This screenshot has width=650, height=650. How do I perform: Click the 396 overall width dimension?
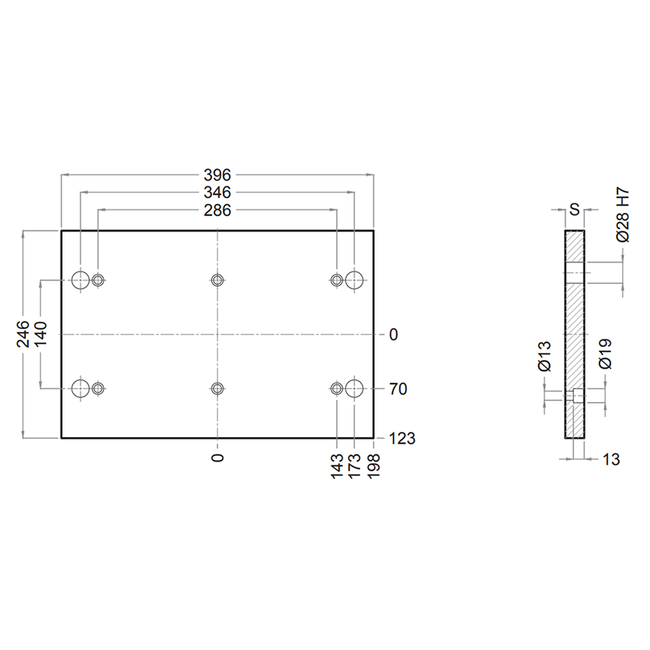[x=217, y=175]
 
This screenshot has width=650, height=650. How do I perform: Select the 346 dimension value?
[x=217, y=193]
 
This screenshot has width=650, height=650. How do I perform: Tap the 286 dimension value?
[x=217, y=210]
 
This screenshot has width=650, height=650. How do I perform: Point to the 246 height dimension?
[x=24, y=334]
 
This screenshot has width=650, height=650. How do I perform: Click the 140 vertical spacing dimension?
[x=41, y=334]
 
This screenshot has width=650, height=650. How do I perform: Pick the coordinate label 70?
[x=398, y=389]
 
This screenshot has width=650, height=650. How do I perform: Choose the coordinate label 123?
[x=402, y=438]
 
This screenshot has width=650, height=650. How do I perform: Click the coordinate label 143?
[x=337, y=466]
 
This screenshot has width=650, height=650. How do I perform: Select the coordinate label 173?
[x=355, y=466]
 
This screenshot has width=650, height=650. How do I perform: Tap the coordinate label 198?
[x=374, y=466]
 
